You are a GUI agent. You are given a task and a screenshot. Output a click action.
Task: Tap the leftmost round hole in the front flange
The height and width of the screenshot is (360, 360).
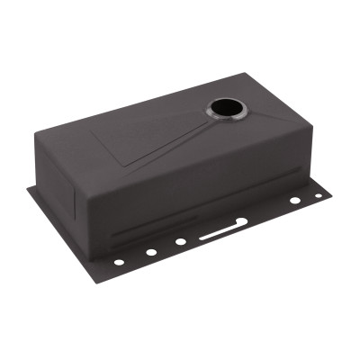[119, 262]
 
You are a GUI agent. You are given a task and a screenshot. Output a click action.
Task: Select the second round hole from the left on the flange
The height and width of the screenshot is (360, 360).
[150, 252]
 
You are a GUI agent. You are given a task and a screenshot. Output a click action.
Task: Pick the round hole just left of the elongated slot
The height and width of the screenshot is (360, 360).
[181, 241]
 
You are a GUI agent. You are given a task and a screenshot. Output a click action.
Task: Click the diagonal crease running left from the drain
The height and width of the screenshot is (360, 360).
[171, 142]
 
